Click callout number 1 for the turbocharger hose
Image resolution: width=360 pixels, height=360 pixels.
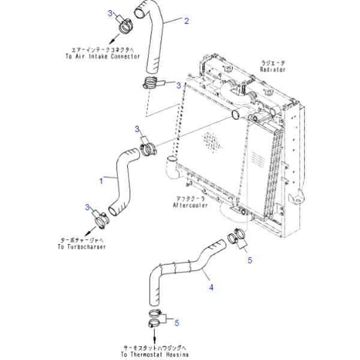101,179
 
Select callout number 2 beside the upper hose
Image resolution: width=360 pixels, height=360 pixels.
187,21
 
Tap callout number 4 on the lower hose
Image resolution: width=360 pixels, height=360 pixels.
211,287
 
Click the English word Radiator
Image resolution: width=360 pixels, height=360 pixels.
273,70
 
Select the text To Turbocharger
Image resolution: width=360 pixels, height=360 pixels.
83,247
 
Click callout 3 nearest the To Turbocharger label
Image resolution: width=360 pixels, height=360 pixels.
88,207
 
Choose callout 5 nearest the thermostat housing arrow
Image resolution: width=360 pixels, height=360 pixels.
176,323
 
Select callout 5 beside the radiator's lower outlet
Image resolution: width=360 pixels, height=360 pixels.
250,260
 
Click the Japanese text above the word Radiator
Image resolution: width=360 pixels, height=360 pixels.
273,62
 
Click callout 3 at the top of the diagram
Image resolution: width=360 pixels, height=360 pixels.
110,13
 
